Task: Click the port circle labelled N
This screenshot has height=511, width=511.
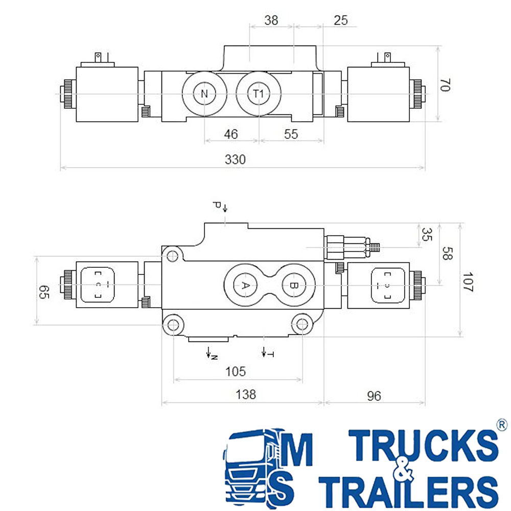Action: [x=204, y=94]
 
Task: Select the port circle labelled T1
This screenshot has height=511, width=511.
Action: [x=259, y=94]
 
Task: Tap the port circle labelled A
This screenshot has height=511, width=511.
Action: [x=245, y=286]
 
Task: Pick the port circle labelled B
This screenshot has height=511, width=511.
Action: [x=294, y=286]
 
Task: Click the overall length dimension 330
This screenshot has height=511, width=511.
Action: [x=235, y=159]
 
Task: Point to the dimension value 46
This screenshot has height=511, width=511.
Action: [x=231, y=134]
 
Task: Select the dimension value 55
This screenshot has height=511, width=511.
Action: [x=291, y=134]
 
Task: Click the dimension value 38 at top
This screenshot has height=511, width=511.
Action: [x=271, y=20]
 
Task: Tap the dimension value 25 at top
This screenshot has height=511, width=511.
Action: [x=340, y=20]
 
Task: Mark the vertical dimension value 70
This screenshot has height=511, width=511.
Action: [x=445, y=85]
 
